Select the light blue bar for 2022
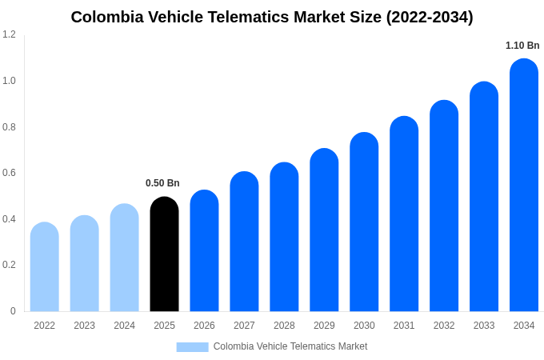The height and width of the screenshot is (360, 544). [45, 267]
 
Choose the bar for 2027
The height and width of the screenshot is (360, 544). [244, 242]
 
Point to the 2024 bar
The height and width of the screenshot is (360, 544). [124, 258]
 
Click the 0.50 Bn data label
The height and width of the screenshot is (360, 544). [162, 183]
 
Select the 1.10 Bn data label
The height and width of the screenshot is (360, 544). [522, 46]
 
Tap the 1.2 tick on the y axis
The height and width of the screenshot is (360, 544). [9, 34]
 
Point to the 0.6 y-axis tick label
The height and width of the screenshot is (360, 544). [9, 173]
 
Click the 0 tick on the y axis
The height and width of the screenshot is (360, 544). [13, 311]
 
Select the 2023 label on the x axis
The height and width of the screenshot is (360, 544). [84, 326]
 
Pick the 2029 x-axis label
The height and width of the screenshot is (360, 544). [324, 326]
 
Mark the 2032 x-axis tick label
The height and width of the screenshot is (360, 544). [444, 326]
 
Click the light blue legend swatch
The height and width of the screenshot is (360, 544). [192, 346]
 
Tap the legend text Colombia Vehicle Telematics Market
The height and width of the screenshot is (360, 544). [290, 346]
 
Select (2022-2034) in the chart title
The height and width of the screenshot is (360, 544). [430, 17]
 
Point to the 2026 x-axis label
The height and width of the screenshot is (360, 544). [204, 326]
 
